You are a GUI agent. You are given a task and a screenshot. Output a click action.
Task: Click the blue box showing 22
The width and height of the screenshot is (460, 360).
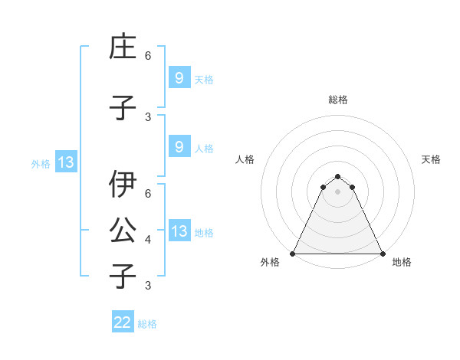(123, 322)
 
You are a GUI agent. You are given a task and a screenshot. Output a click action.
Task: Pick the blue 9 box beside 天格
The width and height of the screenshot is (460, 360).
(179, 77)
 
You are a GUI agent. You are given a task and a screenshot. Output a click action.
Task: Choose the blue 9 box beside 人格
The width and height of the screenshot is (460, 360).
(179, 147)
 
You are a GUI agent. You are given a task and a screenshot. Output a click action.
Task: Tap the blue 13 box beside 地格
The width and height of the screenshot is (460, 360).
(179, 231)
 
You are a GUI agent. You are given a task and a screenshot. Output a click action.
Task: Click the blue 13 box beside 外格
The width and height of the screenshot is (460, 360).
(65, 162)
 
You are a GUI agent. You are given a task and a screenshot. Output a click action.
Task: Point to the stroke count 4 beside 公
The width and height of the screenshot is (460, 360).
(148, 240)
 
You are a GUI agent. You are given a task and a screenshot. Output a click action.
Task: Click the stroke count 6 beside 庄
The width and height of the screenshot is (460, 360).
(148, 56)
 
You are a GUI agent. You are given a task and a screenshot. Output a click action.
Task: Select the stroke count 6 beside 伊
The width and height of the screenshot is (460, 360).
(148, 195)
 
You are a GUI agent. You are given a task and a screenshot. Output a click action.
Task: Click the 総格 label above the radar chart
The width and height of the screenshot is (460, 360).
(337, 100)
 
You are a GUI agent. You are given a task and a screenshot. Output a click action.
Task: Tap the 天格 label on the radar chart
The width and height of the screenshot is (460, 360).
(431, 159)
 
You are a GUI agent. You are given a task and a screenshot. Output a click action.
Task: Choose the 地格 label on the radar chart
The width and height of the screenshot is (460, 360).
(402, 262)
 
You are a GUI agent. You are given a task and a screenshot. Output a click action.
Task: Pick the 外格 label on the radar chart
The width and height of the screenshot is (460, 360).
(271, 262)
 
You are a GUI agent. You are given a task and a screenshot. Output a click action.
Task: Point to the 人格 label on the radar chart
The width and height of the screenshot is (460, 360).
(245, 159)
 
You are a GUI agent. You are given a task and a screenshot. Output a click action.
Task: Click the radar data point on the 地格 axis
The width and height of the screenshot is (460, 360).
(382, 253)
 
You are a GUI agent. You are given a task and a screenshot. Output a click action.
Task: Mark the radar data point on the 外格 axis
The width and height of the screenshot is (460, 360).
(293, 253)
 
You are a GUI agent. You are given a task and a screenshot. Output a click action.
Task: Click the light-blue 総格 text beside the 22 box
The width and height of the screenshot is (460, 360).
(147, 323)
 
